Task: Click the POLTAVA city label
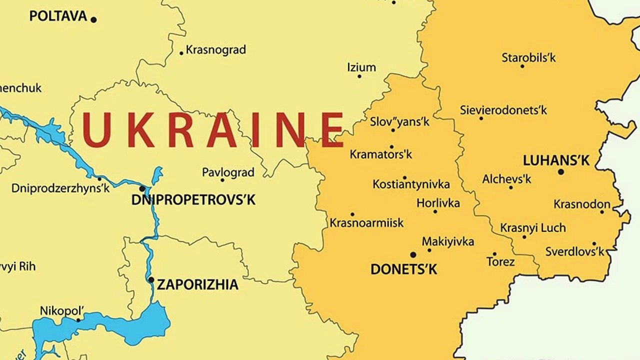click(58, 16)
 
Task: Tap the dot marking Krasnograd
click(181, 53)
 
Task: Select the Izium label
click(361, 67)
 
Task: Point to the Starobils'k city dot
click(522, 66)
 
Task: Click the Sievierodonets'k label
click(503, 110)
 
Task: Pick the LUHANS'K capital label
click(556, 160)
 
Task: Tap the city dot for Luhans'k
click(561, 172)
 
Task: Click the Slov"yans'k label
click(399, 121)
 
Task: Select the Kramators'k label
click(381, 154)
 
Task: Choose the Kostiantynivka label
click(411, 184)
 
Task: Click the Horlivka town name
click(438, 203)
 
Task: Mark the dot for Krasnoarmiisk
click(352, 214)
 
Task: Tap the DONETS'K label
click(403, 269)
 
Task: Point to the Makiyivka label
click(448, 241)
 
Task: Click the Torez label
click(500, 261)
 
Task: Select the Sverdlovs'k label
click(574, 251)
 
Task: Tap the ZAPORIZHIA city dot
click(151, 280)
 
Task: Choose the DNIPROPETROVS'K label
click(193, 200)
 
